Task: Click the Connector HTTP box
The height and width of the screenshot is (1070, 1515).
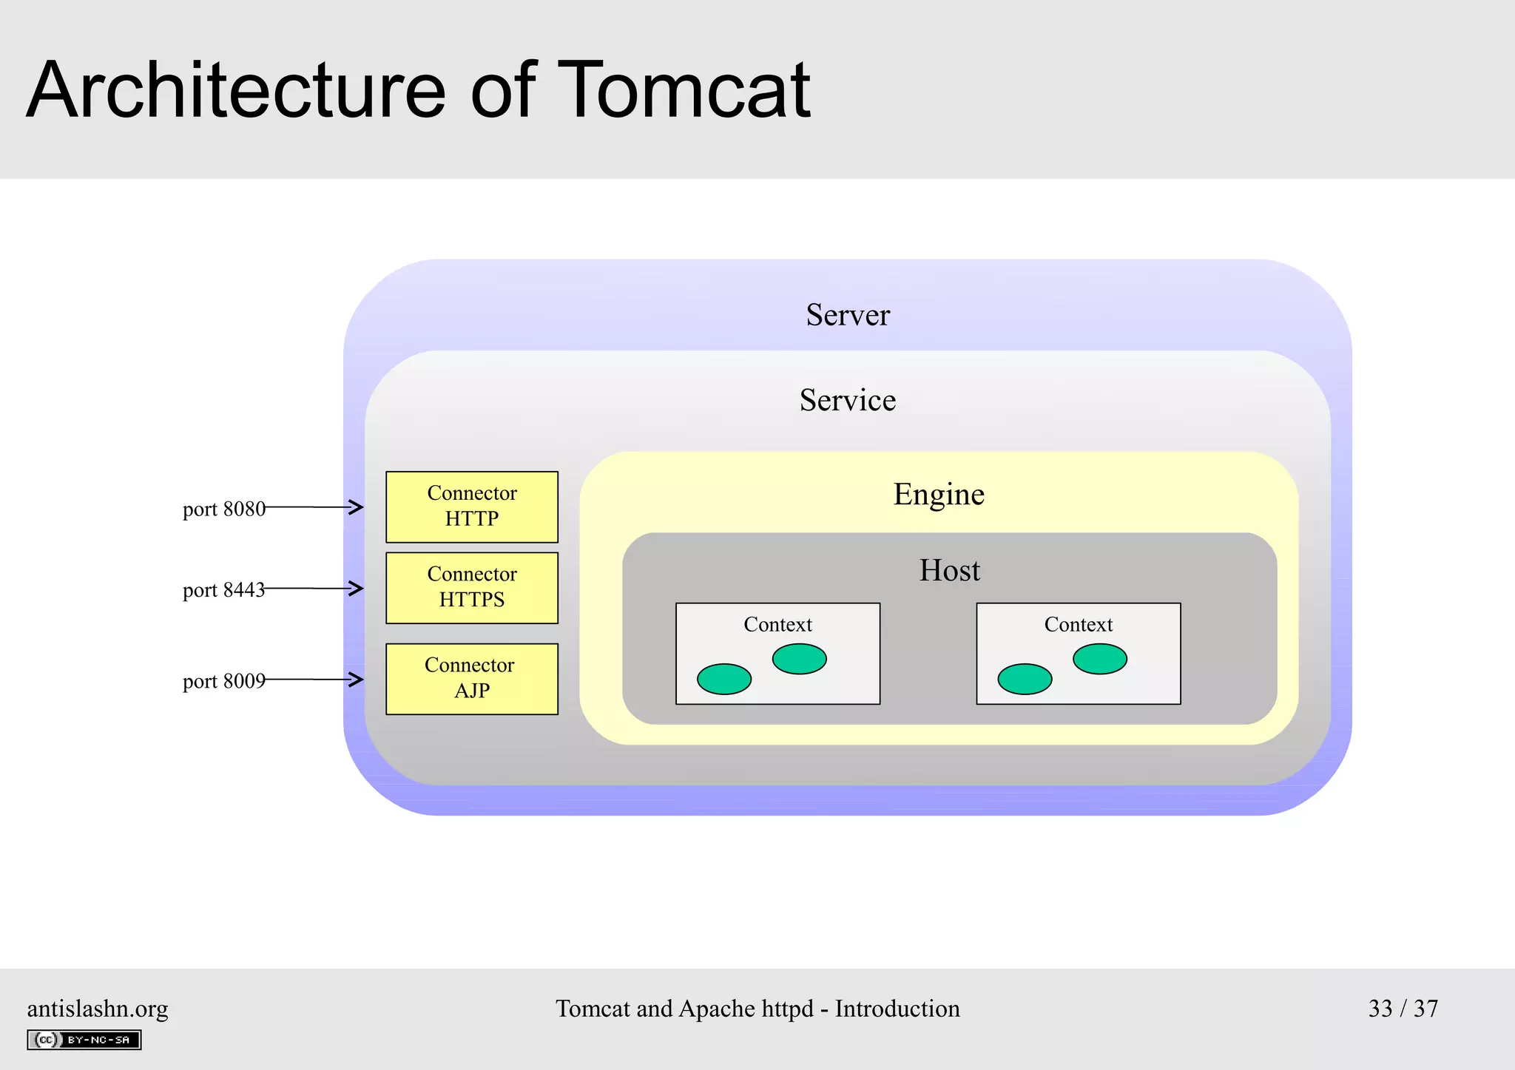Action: click(x=472, y=507)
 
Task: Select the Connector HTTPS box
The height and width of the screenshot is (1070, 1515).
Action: click(x=472, y=588)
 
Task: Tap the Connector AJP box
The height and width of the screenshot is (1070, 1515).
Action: click(x=472, y=679)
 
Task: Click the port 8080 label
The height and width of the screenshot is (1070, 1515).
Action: click(x=223, y=509)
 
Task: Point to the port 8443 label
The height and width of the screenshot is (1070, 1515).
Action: click(x=223, y=590)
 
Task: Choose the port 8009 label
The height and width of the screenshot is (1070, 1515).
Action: click(x=223, y=681)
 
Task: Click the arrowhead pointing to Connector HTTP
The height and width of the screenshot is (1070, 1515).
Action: click(x=357, y=507)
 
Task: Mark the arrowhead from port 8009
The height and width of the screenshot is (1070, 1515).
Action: click(x=357, y=680)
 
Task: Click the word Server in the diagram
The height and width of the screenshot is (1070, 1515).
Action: click(x=848, y=315)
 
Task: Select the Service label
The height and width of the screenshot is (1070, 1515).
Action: click(x=848, y=400)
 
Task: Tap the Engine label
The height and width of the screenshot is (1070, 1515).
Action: click(x=939, y=494)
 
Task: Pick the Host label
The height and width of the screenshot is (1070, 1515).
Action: click(x=949, y=570)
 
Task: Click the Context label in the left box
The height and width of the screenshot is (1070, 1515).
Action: click(x=777, y=625)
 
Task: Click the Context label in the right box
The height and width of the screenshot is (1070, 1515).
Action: click(x=1078, y=625)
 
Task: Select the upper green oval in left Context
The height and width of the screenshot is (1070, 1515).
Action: click(x=799, y=659)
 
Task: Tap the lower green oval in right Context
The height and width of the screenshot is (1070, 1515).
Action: click(x=1025, y=679)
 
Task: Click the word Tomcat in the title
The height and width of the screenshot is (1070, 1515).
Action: click(x=684, y=90)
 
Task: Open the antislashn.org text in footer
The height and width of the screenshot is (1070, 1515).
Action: click(x=98, y=1009)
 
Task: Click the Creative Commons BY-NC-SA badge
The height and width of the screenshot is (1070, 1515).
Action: click(x=84, y=1040)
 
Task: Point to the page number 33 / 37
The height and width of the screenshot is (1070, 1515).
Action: click(x=1403, y=1009)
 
